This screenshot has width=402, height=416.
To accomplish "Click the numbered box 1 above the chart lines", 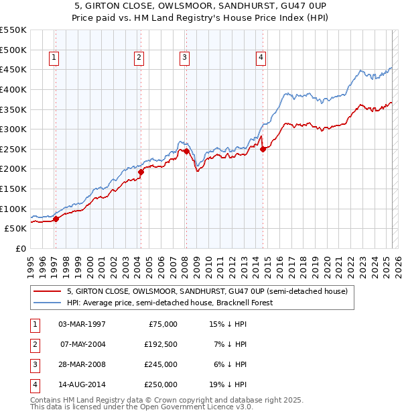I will pos(53,58).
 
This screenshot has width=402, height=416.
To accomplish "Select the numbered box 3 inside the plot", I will pos(184,58).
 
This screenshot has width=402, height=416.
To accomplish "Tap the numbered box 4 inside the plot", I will pos(260,58).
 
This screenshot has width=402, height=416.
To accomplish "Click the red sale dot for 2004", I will pos(141,172).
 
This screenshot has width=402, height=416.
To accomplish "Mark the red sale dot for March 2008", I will pos(186,151).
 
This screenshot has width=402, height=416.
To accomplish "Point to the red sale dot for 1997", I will pos(56,218).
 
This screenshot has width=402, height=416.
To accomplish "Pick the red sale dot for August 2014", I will pos(263,149).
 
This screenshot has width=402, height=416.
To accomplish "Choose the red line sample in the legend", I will pos(46,292).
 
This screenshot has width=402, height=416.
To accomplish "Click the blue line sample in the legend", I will pos(46,303).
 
